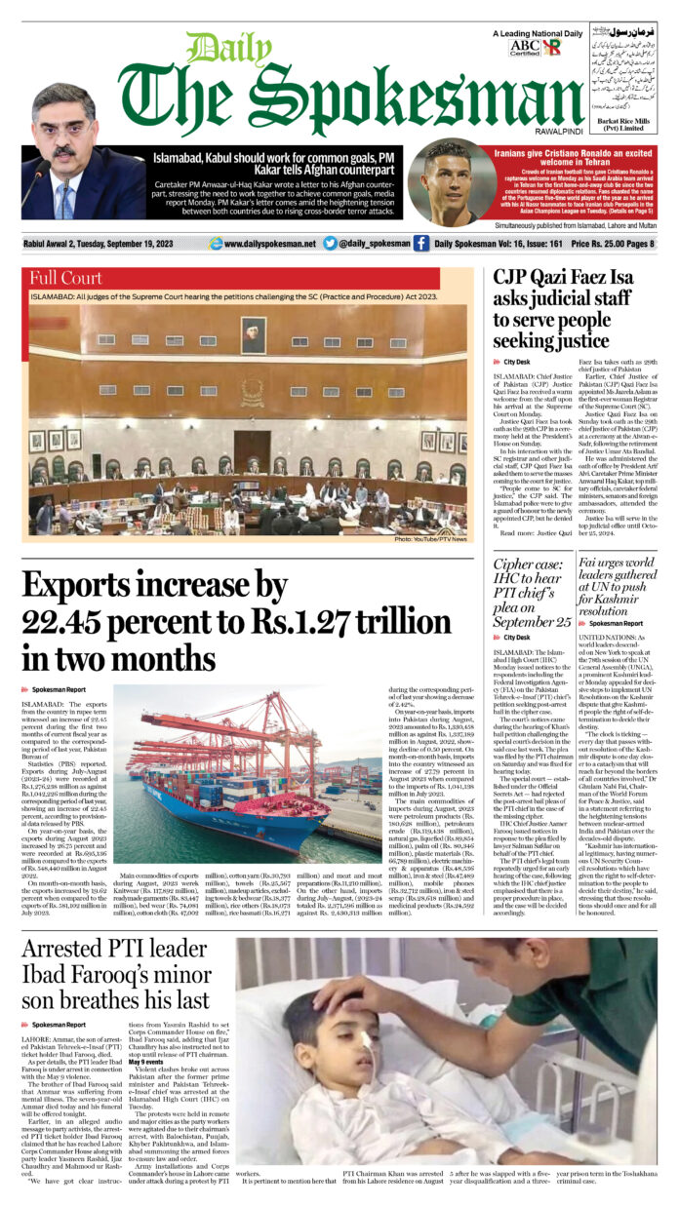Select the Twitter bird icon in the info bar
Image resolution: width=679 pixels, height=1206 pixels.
[330, 243]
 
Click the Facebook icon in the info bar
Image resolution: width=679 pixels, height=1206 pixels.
[421, 243]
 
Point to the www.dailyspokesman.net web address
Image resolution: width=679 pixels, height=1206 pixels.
[269, 243]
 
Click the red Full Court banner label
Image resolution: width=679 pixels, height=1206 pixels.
[66, 277]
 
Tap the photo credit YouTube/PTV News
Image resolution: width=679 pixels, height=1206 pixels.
[431, 539]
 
